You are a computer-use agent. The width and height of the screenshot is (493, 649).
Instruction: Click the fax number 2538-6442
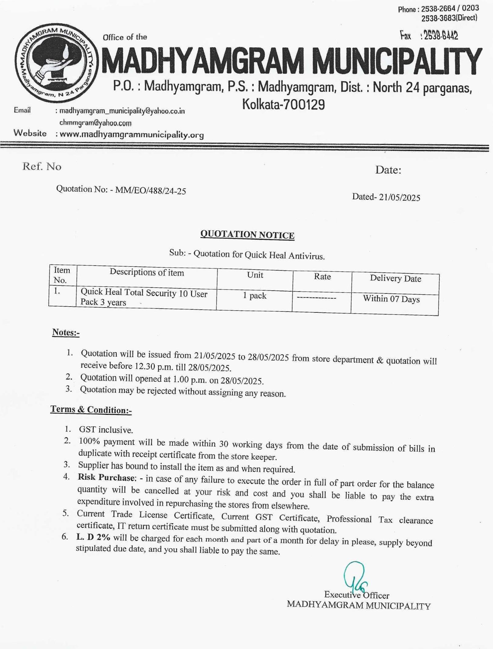[x=440, y=36]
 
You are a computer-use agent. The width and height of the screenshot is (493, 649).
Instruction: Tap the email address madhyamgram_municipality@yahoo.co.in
[x=122, y=111]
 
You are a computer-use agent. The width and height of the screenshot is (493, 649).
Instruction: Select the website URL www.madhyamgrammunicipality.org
[x=132, y=135]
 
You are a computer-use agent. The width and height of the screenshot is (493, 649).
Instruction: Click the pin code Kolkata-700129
[x=284, y=105]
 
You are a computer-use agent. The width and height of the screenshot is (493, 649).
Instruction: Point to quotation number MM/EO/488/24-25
[x=150, y=191]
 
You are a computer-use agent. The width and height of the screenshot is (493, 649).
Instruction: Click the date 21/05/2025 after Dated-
[x=399, y=197]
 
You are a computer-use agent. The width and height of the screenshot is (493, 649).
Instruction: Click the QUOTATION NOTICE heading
[x=247, y=235]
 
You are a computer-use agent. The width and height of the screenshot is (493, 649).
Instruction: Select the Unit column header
[x=255, y=275]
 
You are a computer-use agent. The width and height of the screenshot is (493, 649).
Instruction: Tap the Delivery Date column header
[x=395, y=278]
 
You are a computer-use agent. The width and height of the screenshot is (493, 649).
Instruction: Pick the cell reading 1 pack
[x=254, y=296]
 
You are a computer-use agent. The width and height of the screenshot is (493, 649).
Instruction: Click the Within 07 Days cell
[x=391, y=299]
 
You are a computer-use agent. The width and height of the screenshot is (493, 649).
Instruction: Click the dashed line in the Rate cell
[x=317, y=298]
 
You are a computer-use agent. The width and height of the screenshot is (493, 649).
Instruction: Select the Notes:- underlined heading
[x=66, y=332]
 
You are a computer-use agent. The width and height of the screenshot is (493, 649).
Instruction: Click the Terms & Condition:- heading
[x=91, y=409]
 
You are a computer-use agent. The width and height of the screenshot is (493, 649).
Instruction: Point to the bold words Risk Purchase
[x=106, y=477]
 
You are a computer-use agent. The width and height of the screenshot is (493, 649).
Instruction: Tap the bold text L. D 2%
[x=93, y=537]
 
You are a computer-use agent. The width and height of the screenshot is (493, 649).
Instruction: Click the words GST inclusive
[x=106, y=430]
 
